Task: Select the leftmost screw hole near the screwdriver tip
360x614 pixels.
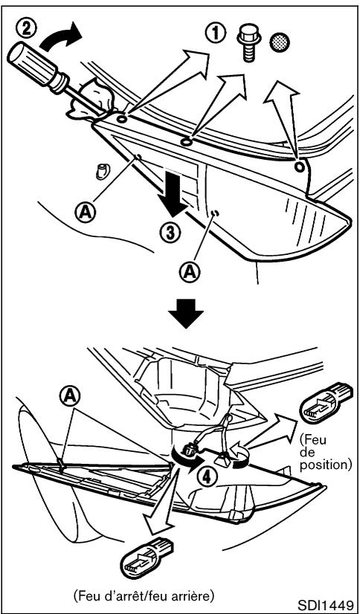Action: tap(120, 117)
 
